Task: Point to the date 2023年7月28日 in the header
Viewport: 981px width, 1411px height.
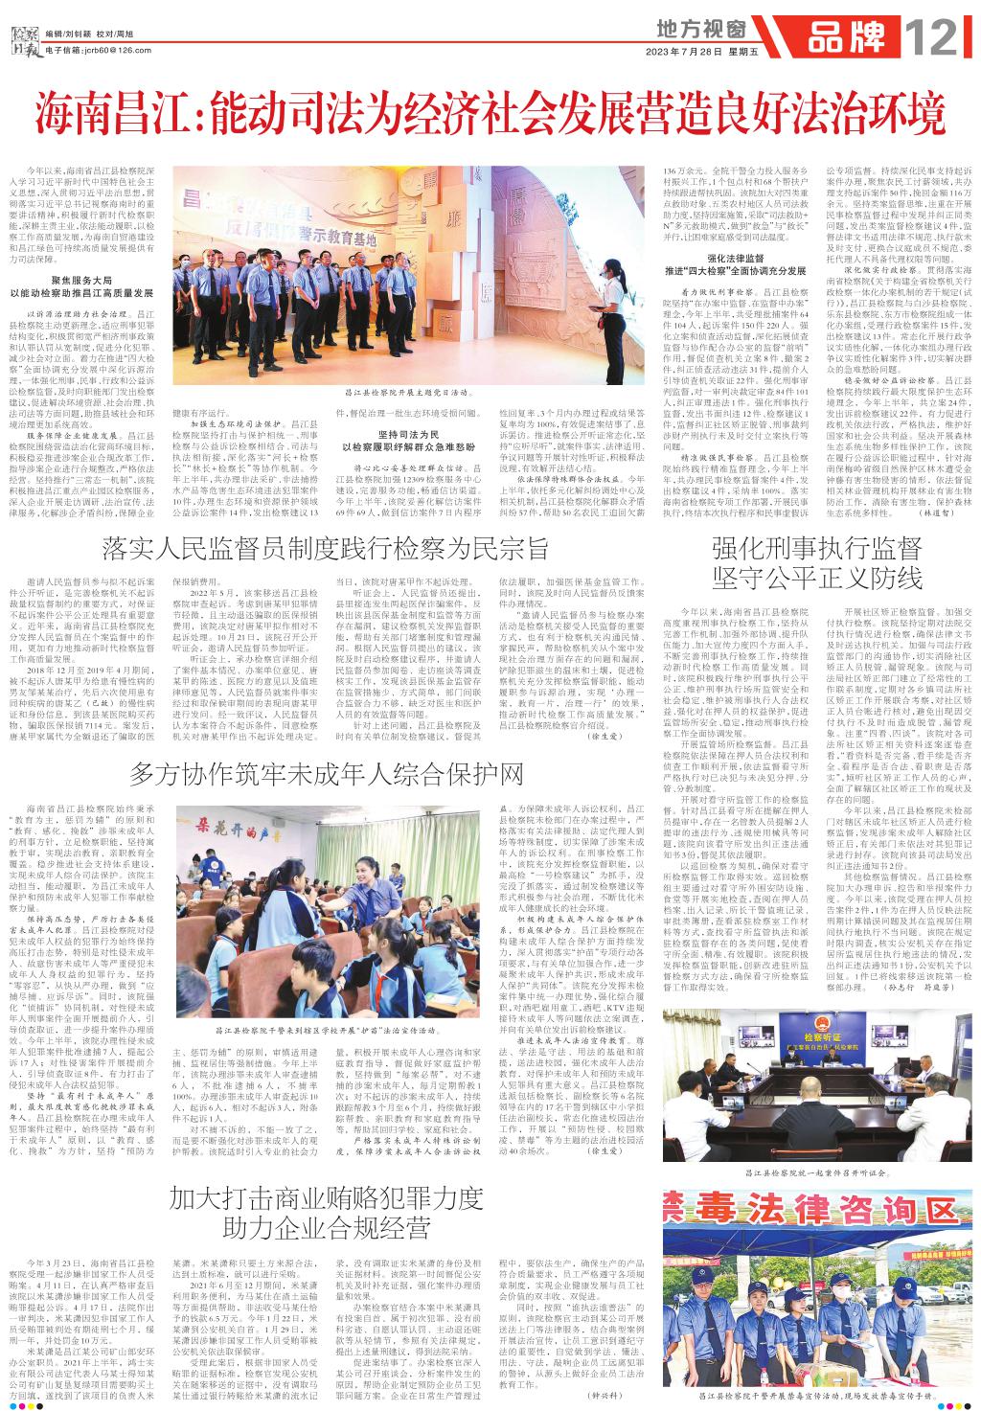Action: [x=687, y=52]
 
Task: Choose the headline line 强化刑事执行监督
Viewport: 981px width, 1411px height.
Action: [x=816, y=549]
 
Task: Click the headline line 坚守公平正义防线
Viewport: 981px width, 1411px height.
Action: [x=816, y=579]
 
